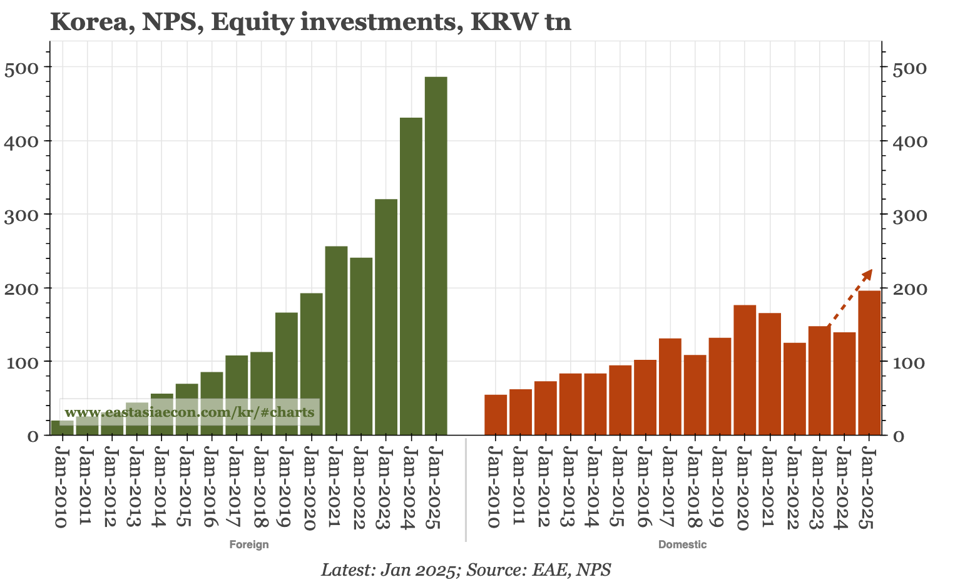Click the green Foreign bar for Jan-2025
click(436, 256)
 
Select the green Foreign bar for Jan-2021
click(336, 340)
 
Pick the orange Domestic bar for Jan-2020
click(745, 370)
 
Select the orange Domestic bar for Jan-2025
click(869, 363)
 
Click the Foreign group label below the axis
click(249, 544)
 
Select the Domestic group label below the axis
click(682, 544)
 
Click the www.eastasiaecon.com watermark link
click(190, 413)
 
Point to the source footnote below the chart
click(466, 570)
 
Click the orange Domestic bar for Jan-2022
click(794, 389)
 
